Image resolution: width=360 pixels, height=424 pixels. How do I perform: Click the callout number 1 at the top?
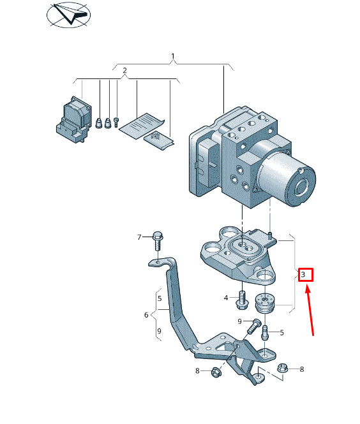click(x=173, y=56)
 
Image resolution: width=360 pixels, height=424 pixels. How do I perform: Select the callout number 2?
click(x=124, y=71)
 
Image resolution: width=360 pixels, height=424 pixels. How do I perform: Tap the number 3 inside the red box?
click(x=303, y=274)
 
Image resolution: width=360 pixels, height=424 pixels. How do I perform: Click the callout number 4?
click(x=226, y=298)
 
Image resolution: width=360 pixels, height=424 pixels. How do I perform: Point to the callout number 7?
click(x=139, y=237)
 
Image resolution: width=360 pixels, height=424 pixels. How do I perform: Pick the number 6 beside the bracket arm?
click(x=146, y=315)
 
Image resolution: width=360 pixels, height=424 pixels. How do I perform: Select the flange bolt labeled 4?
click(x=242, y=300)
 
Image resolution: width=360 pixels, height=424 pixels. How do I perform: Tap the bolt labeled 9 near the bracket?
click(x=253, y=326)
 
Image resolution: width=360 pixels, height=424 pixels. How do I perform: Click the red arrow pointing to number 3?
click(x=310, y=312)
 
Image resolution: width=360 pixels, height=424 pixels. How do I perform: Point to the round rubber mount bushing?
click(x=265, y=303)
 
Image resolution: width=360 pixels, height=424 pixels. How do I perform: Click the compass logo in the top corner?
click(x=68, y=15)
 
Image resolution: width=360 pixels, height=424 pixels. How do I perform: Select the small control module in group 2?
click(x=73, y=119)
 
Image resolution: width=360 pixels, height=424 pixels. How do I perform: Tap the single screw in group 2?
click(x=117, y=122)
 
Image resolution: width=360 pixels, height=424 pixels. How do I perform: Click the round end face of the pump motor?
click(x=301, y=187)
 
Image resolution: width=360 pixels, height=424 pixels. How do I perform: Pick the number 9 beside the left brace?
click(x=159, y=331)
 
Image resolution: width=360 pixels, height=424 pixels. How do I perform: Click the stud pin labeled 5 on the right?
click(x=265, y=332)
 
